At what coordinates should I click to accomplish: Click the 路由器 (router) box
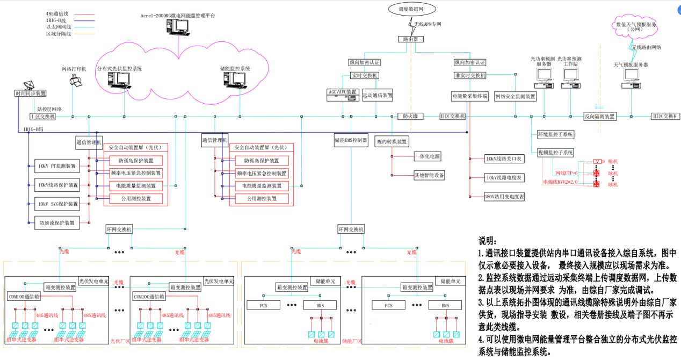click(x=411, y=39)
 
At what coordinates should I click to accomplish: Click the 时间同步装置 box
click(x=31, y=93)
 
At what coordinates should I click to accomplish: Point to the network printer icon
click(x=76, y=81)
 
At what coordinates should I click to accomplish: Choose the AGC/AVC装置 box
click(x=343, y=92)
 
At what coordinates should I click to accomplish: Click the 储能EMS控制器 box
click(x=351, y=141)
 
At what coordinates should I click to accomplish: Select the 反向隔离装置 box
click(x=600, y=116)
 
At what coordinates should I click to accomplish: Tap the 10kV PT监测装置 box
click(x=56, y=166)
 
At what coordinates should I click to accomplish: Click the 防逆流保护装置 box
click(x=56, y=222)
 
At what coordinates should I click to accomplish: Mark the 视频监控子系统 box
click(x=555, y=152)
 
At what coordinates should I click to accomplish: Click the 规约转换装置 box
click(x=392, y=141)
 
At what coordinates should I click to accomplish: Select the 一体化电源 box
click(x=427, y=156)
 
